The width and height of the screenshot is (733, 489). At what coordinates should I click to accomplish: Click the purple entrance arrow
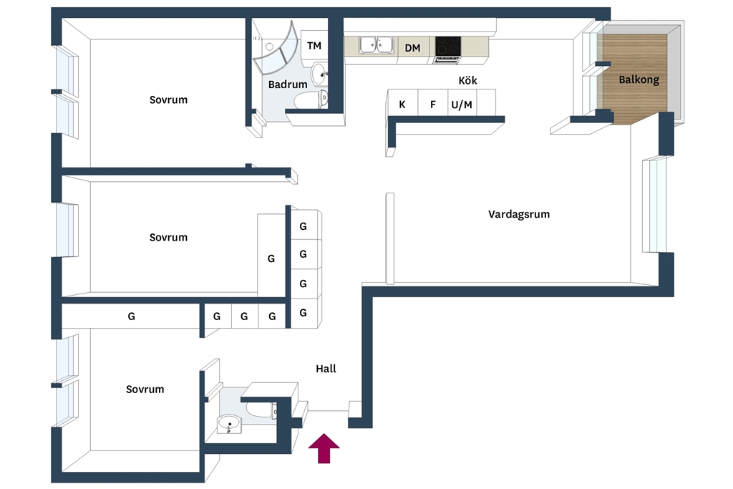[324, 448]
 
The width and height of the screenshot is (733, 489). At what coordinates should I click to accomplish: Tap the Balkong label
[639, 79]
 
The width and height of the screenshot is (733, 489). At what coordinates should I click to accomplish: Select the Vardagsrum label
[519, 214]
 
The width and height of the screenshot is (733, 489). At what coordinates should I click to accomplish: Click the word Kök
[467, 80]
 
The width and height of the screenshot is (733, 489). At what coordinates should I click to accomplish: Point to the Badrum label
[288, 84]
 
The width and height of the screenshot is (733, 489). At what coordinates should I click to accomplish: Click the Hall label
[326, 369]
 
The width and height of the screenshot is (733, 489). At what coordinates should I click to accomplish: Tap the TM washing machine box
[314, 46]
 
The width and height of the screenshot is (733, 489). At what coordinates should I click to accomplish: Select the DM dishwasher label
[412, 48]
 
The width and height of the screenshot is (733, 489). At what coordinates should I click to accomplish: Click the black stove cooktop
[448, 47]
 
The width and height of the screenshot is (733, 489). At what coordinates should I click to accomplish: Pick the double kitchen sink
[377, 45]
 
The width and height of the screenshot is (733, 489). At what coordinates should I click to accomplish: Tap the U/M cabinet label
[462, 105]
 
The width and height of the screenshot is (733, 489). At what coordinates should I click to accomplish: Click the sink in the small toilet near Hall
[228, 424]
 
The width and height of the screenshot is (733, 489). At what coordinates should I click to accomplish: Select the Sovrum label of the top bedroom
[168, 100]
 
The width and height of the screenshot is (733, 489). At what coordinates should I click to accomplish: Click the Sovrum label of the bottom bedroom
[145, 389]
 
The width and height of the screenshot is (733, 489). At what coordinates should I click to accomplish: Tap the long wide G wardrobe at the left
[131, 316]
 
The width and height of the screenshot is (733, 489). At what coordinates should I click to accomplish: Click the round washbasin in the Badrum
[320, 74]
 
